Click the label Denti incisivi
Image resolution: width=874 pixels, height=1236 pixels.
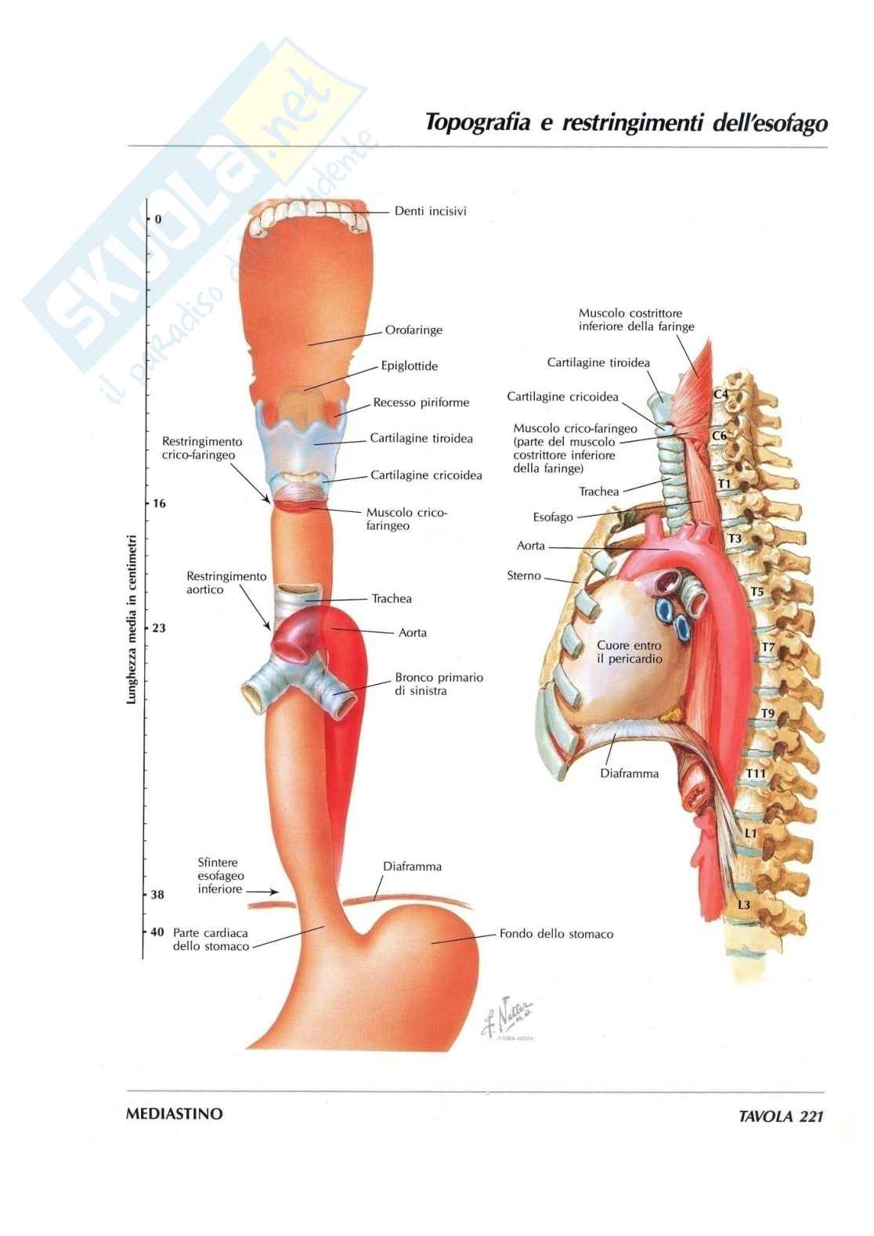click(x=430, y=211)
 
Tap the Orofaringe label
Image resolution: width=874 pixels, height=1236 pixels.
click(x=414, y=330)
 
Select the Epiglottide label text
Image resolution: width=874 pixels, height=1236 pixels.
click(x=409, y=366)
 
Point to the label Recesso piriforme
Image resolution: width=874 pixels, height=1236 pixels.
click(x=421, y=402)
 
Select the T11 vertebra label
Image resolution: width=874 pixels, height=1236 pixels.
click(x=756, y=774)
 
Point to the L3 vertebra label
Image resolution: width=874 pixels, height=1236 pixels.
click(x=745, y=905)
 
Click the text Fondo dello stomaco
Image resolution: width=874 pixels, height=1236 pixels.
click(x=556, y=934)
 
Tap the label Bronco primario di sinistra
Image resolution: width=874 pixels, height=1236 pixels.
click(x=439, y=684)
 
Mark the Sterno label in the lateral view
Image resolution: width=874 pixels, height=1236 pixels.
click(x=524, y=576)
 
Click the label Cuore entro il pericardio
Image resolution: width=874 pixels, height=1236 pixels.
click(x=629, y=652)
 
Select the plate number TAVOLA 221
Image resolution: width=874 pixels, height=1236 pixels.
click(x=781, y=1117)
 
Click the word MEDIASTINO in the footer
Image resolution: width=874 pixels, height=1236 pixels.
click(x=174, y=1114)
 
